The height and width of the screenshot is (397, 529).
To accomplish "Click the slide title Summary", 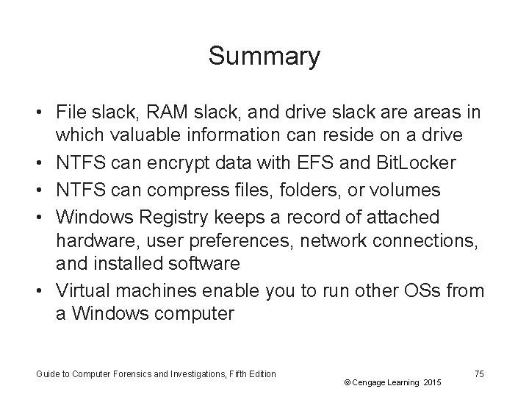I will pyautogui.click(x=264, y=56).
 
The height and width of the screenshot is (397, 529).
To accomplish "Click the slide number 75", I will pyautogui.click(x=479, y=374).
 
